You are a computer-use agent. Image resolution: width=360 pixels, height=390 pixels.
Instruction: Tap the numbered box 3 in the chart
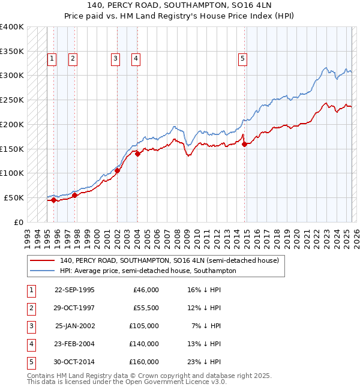coord(115,59)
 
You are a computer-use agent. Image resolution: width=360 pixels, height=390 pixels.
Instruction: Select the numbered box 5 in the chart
coord(242,59)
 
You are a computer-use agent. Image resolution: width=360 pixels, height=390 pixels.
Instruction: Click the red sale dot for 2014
coord(244,144)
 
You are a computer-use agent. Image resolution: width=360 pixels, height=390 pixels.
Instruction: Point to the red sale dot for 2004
coord(137,154)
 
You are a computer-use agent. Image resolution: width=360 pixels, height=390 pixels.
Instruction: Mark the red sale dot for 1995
coord(53,200)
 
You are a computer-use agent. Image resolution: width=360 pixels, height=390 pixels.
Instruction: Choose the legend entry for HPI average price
coord(148,271)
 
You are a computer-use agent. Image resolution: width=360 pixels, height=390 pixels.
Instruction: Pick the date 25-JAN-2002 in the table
coord(75,326)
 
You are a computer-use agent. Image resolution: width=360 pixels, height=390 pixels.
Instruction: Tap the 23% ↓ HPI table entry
coord(204,362)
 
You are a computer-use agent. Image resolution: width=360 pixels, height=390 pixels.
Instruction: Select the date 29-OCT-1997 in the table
coord(75,308)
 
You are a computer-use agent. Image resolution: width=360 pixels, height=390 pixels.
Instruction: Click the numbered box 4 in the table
coord(31,344)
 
